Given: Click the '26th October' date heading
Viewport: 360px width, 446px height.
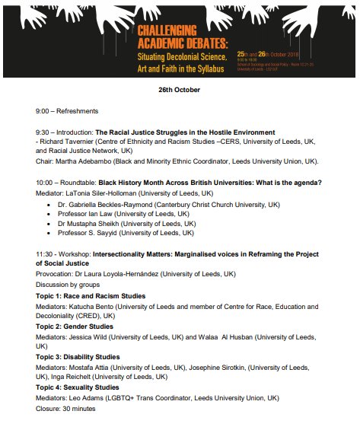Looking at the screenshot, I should coord(180,90).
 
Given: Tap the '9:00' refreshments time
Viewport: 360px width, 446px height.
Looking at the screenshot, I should coord(44,111).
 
